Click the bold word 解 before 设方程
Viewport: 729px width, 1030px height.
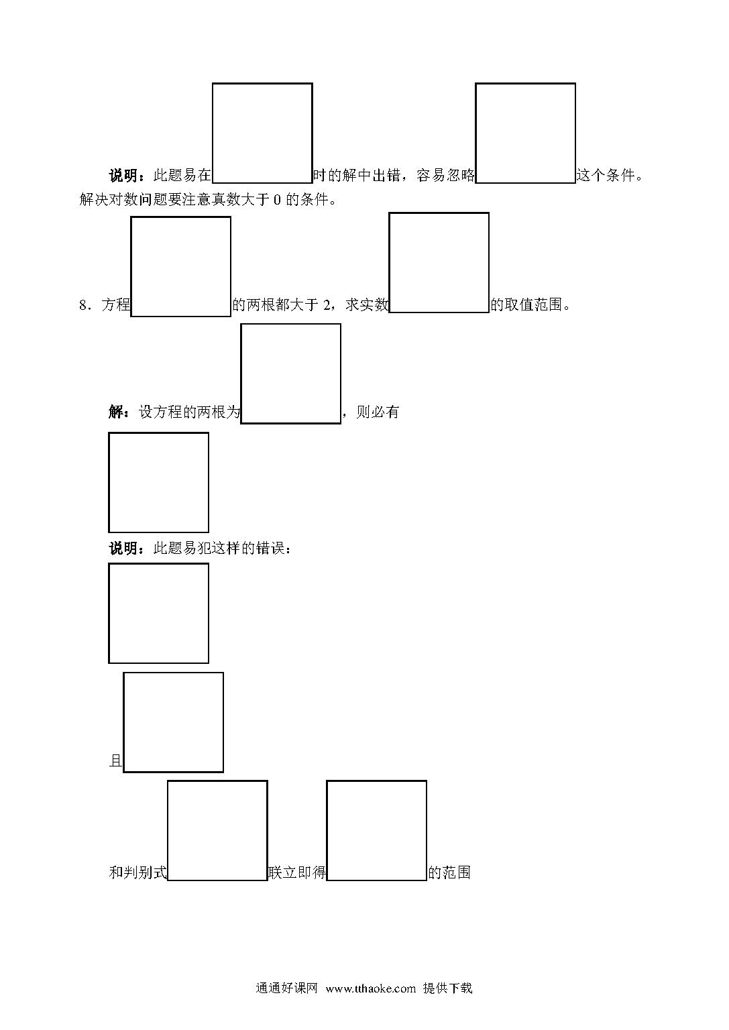[x=115, y=412]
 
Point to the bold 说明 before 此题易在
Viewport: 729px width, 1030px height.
[x=123, y=175]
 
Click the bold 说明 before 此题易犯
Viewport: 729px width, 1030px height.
[x=123, y=548]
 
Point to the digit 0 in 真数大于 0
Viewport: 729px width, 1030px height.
[x=277, y=200]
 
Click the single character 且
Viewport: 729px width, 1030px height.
[x=115, y=760]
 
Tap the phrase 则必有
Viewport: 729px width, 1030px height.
[x=378, y=412]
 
